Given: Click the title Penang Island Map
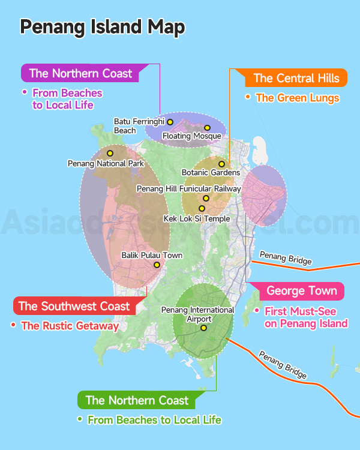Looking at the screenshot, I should coord(102,27).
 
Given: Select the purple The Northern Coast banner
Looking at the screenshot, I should coord(80,73).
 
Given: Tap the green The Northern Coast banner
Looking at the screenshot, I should coord(137,400).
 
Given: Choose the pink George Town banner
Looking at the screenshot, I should coord(301,292).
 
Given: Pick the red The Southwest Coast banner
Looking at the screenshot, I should coord(74,306).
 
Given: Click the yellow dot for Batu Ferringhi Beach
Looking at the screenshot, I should coord(170,122).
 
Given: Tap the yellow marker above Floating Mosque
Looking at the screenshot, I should coord(207,127).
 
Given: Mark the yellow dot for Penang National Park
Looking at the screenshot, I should coord(110,153).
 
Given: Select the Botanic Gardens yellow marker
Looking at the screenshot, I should coord(221,164).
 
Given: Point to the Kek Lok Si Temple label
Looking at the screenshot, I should coord(197,219).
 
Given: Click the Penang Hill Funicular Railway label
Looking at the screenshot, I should coord(189,188).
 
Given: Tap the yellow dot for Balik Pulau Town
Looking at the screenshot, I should coord(157,265).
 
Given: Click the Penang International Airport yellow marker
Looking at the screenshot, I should coord(203,328).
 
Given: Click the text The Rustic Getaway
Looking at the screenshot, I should coord(70,326).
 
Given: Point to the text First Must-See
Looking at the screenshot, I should coord(301,311).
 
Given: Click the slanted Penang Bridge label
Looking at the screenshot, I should coord(283,365).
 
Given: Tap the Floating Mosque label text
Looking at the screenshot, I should coord(192,136).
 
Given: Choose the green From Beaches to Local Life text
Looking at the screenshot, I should coord(154,420).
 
